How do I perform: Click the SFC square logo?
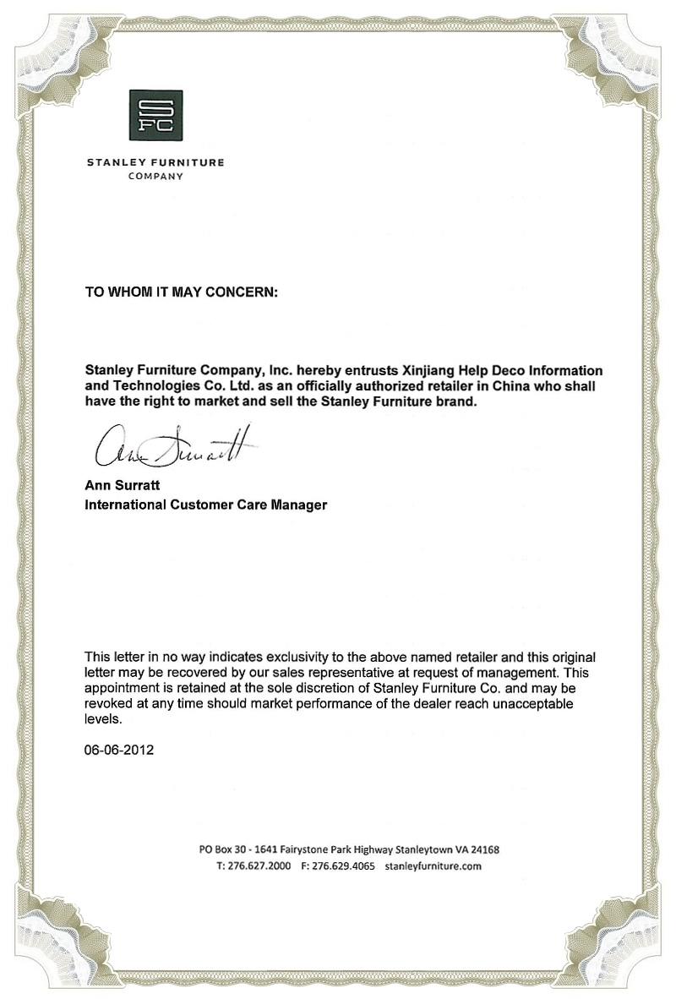click(x=155, y=115)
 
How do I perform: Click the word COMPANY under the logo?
click(x=155, y=177)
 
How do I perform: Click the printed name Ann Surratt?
click(x=119, y=486)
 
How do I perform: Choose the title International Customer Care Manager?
click(x=205, y=505)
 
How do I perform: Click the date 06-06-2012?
click(x=119, y=749)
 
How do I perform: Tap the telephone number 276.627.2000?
click(x=259, y=866)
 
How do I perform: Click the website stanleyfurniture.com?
click(x=433, y=866)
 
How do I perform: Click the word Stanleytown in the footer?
click(x=413, y=849)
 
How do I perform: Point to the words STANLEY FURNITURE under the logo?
click(x=155, y=162)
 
